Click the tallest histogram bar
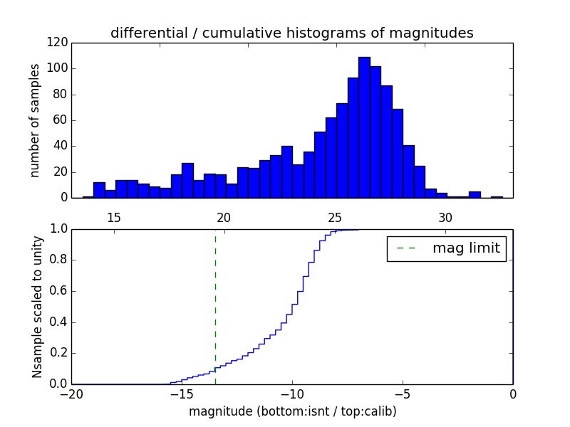(x=364, y=128)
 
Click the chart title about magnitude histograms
(x=291, y=33)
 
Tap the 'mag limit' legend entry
(x=446, y=248)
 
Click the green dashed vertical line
(x=215, y=306)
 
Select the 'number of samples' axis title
(x=35, y=120)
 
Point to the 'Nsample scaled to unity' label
(x=37, y=307)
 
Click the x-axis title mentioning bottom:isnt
(x=292, y=411)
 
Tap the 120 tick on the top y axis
(x=58, y=43)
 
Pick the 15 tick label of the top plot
(x=114, y=218)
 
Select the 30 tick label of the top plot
(x=445, y=218)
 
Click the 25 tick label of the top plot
(x=335, y=218)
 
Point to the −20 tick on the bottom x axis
(x=72, y=394)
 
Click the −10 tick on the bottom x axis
(x=292, y=394)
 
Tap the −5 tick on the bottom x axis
(x=403, y=394)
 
